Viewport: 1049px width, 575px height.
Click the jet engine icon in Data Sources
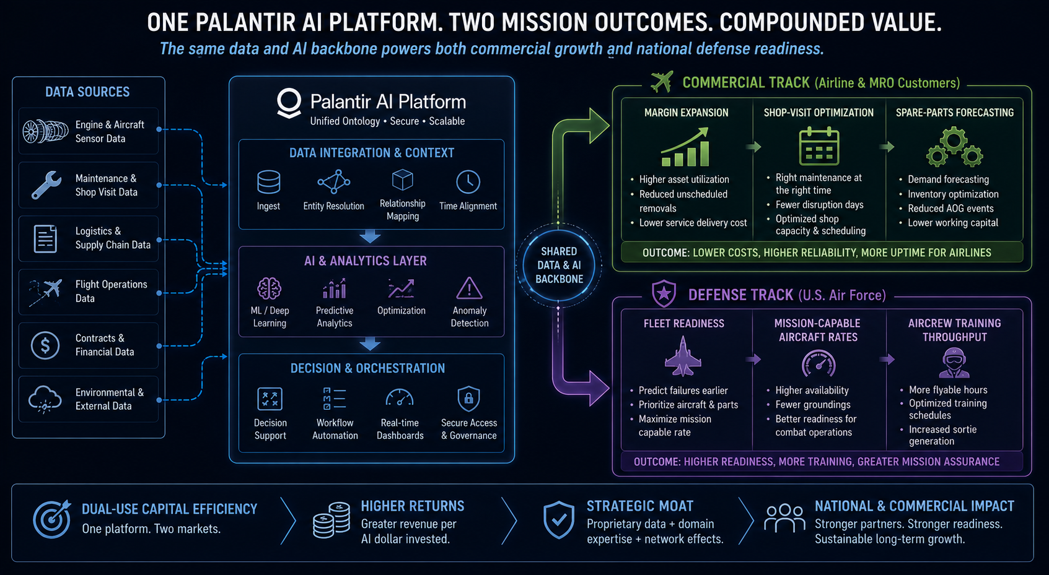[45, 131]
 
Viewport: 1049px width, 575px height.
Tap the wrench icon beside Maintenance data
[46, 185]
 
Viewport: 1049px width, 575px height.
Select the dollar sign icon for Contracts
[45, 345]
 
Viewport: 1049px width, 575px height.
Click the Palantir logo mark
[289, 103]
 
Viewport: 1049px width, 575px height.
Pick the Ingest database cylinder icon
[268, 182]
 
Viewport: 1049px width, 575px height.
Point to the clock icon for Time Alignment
[468, 181]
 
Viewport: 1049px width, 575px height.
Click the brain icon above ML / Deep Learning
[270, 288]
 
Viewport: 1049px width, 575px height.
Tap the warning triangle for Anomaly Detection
[469, 288]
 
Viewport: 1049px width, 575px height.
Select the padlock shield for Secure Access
[468, 398]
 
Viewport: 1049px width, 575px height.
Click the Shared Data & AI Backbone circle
[559, 266]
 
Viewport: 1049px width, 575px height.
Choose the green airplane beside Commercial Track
[662, 82]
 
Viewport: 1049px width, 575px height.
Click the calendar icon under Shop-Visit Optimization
[819, 146]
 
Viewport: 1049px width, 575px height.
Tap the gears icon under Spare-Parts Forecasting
[954, 147]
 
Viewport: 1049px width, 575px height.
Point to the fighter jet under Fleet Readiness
[683, 357]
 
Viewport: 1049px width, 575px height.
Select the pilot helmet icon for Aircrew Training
[954, 363]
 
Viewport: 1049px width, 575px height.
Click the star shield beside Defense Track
[664, 294]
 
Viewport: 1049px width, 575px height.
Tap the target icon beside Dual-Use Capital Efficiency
[52, 519]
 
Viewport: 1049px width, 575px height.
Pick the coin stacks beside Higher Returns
[331, 519]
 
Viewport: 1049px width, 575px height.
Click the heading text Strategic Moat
[639, 506]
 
